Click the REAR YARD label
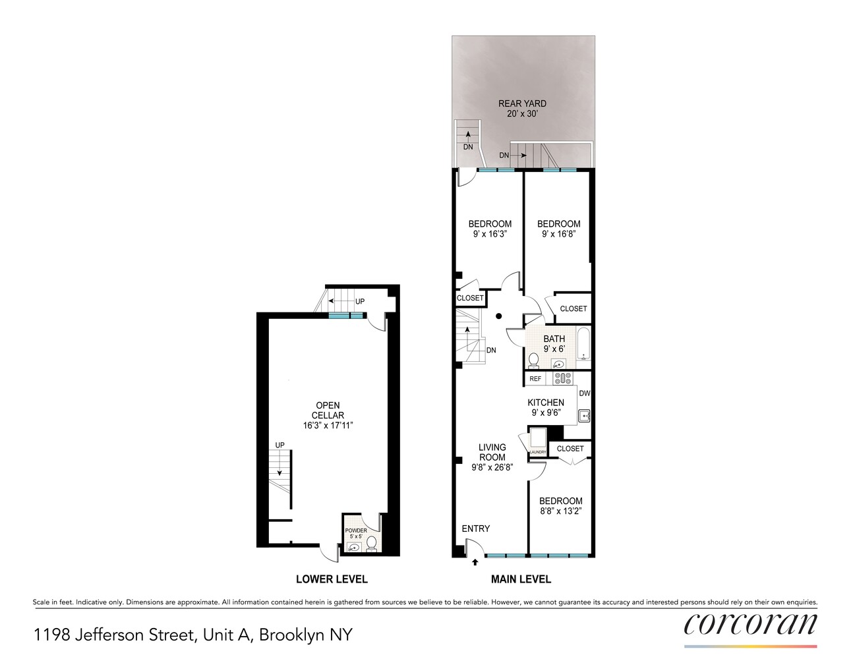522,103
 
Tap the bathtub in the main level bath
583,344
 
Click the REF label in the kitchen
535,378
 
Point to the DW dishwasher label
585,393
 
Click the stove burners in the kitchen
563,378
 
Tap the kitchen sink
584,415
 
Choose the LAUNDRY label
538,452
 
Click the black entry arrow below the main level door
475,562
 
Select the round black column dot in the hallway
498,316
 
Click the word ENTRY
476,529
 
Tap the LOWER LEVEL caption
332,579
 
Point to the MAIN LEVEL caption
521,579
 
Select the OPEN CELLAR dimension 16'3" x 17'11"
328,425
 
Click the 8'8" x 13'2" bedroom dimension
560,511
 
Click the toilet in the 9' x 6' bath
533,360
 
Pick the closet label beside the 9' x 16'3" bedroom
470,298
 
